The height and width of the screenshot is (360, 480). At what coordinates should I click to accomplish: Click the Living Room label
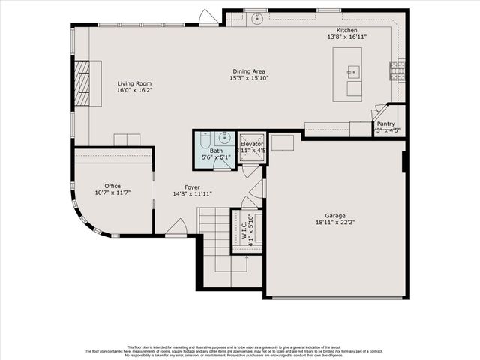pos(134,83)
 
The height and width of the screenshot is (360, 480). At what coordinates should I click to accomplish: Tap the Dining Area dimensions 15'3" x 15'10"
pos(248,78)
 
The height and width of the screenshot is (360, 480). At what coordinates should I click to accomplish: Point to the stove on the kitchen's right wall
pos(396,70)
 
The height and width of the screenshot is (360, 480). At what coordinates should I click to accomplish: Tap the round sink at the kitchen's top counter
pos(256,19)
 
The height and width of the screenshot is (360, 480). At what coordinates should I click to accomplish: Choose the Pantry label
pos(385,124)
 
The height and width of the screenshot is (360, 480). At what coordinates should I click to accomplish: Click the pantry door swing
pos(379,112)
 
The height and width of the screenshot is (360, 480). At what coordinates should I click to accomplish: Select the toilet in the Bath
pos(205,139)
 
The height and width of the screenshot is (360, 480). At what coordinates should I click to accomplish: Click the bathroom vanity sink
pos(223,139)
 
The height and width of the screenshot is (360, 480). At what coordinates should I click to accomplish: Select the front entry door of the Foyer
pos(176,228)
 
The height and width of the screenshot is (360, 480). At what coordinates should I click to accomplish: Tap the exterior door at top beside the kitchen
pos(209,17)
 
